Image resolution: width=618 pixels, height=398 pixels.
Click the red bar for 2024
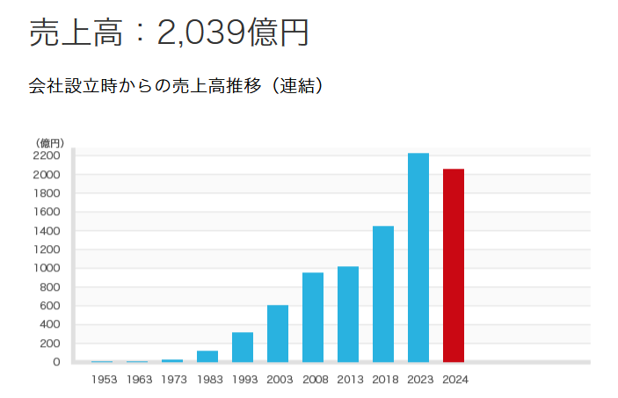pyautogui.click(x=453, y=265)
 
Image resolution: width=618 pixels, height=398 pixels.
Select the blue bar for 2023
pyautogui.click(x=418, y=257)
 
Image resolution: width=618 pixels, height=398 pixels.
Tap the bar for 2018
pyautogui.click(x=382, y=293)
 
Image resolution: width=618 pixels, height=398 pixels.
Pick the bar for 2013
pyautogui.click(x=347, y=314)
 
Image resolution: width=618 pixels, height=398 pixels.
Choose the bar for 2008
pyautogui.click(x=312, y=317)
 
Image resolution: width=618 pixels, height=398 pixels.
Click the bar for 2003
pyautogui.click(x=277, y=333)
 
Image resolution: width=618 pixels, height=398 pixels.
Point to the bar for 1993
pyautogui.click(x=242, y=346)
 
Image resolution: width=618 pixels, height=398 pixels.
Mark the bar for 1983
pyautogui.click(x=207, y=356)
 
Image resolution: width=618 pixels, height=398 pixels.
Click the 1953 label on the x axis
pyautogui.click(x=103, y=380)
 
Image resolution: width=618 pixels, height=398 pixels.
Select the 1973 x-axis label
pyautogui.click(x=173, y=380)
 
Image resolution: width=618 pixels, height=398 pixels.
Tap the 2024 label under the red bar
pyautogui.click(x=456, y=380)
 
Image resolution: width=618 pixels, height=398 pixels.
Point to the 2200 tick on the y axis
pyautogui.click(x=47, y=156)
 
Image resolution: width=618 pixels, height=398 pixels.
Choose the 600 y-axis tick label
pyautogui.click(x=50, y=306)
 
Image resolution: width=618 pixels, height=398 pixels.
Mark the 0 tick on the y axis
pyautogui.click(x=55, y=362)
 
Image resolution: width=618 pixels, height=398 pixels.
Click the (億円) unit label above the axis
pyautogui.click(x=49, y=142)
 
